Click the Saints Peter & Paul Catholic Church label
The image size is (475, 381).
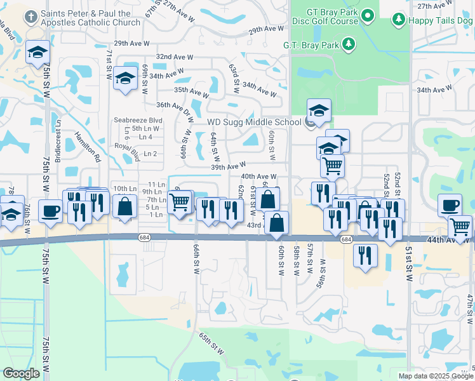pos(91,18)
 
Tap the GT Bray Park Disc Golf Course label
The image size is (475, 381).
pos(325,16)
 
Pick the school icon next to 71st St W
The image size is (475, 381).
pos(126,79)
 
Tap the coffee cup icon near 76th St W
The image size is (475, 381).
pos(50,210)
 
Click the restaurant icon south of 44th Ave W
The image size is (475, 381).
pos(365,256)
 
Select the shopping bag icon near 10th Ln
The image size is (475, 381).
pos(125,206)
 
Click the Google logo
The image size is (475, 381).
pos(21,373)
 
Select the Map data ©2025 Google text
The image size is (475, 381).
pos(436,376)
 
